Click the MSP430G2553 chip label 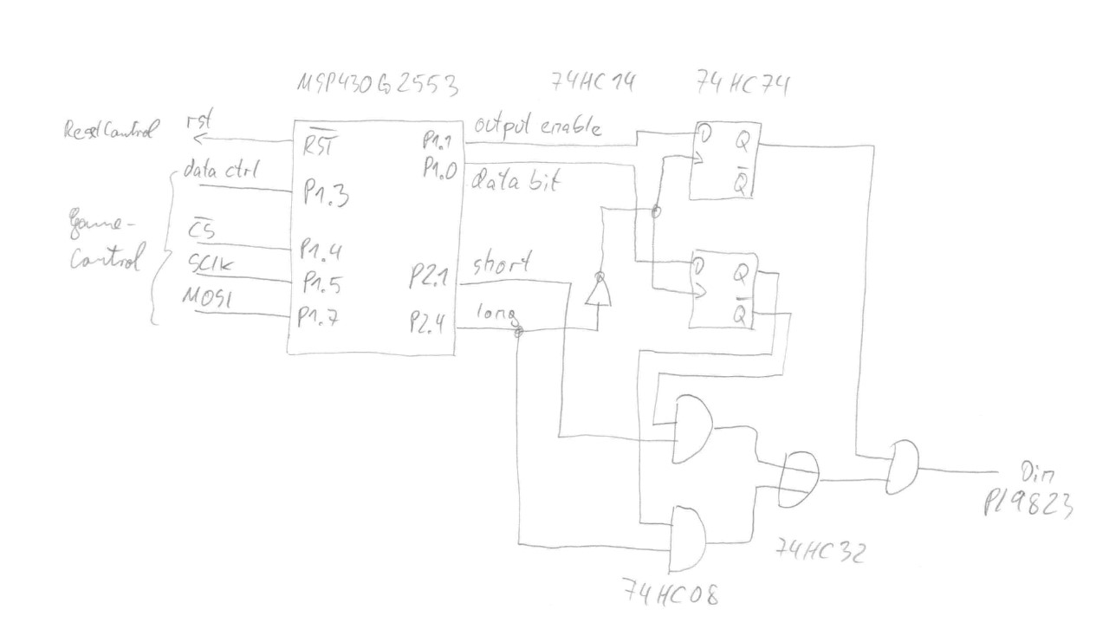coord(376,86)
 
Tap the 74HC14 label coord(594,83)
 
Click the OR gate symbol coord(799,479)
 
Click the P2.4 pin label coord(429,323)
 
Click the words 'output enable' coord(535,126)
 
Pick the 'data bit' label coord(516,182)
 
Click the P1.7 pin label coord(318,317)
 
